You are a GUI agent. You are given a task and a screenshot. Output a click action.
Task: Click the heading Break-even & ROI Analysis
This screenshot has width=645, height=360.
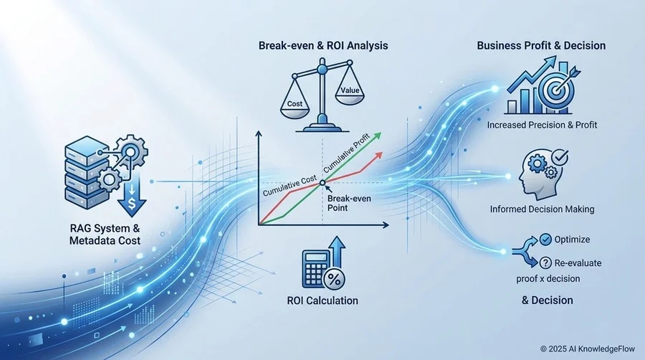tap(323, 45)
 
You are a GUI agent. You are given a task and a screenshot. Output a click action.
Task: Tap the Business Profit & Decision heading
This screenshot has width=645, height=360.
tap(541, 45)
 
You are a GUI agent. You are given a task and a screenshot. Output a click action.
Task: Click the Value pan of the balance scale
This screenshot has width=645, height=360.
tap(350, 93)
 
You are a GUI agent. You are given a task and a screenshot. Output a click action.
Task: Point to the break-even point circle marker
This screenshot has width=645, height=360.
tap(322, 183)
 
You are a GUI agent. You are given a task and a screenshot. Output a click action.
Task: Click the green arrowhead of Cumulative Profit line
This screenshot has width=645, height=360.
tap(376, 136)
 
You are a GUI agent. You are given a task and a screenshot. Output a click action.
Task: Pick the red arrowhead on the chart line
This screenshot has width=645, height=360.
tap(378, 156)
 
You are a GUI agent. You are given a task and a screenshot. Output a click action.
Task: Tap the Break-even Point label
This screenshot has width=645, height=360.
tap(349, 203)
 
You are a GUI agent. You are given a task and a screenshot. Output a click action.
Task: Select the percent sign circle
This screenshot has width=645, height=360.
tap(334, 280)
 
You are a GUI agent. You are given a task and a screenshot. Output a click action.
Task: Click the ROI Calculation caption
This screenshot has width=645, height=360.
tap(322, 300)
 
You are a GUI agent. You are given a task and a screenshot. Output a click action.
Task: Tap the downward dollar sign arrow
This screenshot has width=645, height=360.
tap(132, 196)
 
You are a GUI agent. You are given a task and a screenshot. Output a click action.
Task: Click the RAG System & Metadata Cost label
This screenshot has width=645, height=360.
tap(105, 234)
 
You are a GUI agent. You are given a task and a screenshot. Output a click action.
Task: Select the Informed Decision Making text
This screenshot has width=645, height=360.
tap(543, 209)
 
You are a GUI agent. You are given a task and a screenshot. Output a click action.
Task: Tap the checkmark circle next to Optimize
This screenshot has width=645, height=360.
tap(545, 239)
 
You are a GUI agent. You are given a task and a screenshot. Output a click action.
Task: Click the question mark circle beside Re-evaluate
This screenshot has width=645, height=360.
tap(545, 262)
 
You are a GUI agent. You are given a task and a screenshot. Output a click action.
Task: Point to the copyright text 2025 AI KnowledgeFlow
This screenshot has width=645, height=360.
tap(588, 349)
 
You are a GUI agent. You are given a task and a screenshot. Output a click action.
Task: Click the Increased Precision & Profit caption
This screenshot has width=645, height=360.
tap(542, 125)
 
